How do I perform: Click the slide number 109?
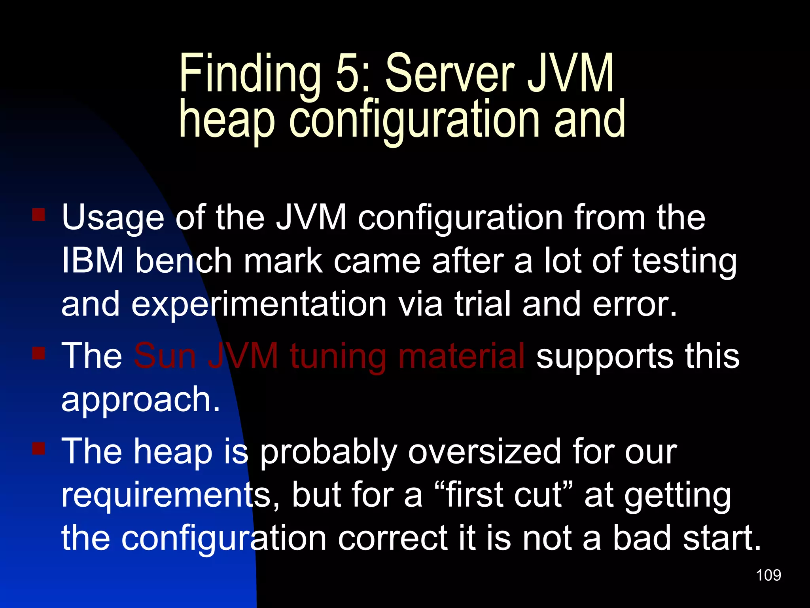click(x=768, y=575)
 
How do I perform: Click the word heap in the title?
click(x=227, y=120)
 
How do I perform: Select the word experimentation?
click(x=259, y=305)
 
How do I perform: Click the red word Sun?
click(x=165, y=356)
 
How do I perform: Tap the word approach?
click(x=140, y=400)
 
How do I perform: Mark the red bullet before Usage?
click(x=39, y=215)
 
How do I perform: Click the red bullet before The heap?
click(x=39, y=449)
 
